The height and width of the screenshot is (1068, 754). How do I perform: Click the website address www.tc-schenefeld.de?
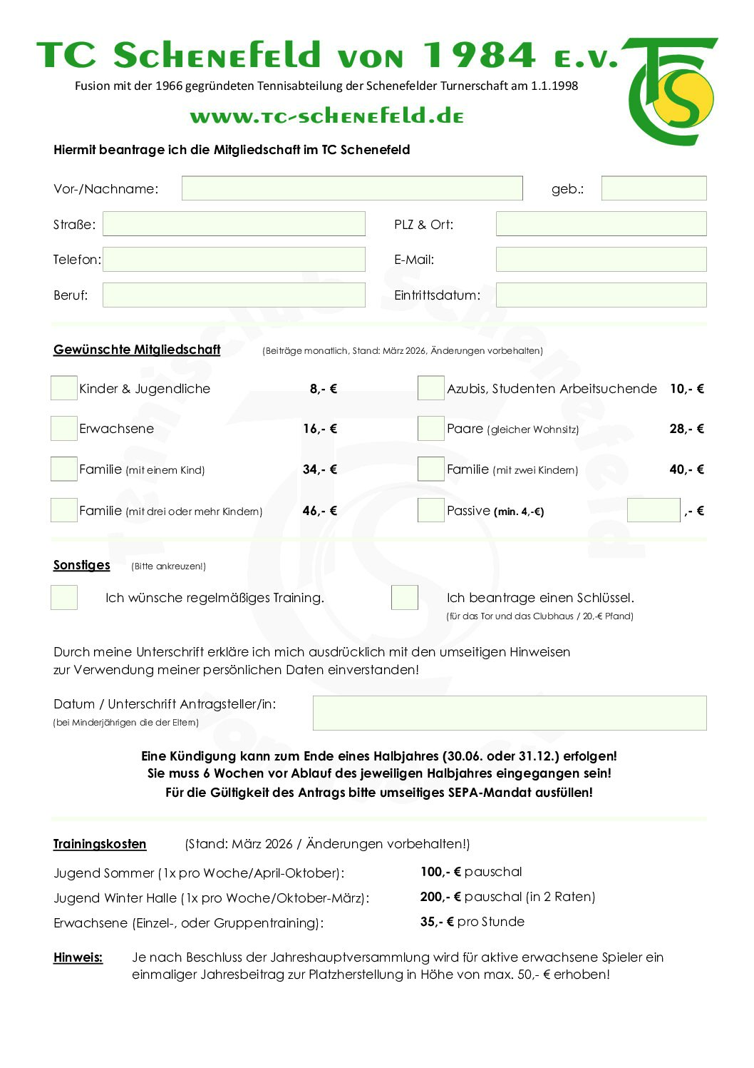coord(327,116)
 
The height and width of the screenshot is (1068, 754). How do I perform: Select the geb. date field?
coord(654,188)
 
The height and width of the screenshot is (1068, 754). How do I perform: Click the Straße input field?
coord(234,224)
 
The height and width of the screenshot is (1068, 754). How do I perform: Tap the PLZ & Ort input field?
coord(601,224)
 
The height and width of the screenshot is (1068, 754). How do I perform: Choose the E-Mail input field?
coord(601,260)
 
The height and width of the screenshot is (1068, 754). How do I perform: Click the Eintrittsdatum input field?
coord(601,295)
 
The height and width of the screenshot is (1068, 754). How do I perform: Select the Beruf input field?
coord(234,295)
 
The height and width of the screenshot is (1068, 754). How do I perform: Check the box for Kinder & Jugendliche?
coord(64,388)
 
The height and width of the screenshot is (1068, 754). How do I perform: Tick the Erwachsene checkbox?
coord(64,428)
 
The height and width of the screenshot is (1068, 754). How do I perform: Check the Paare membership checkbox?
coord(430,428)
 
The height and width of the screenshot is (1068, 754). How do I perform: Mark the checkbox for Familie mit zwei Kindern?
coord(430,469)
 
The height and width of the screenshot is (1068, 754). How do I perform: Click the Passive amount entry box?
coord(653,510)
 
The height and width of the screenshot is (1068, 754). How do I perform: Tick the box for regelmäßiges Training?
coord(64,597)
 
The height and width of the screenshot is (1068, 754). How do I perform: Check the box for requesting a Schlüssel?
coord(404,597)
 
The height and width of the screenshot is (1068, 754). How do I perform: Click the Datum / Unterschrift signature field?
coord(509,713)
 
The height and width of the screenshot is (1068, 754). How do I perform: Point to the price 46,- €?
coord(320,511)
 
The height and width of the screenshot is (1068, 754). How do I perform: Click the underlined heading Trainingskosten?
coord(100,844)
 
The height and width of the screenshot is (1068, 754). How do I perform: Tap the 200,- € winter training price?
coord(440,897)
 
